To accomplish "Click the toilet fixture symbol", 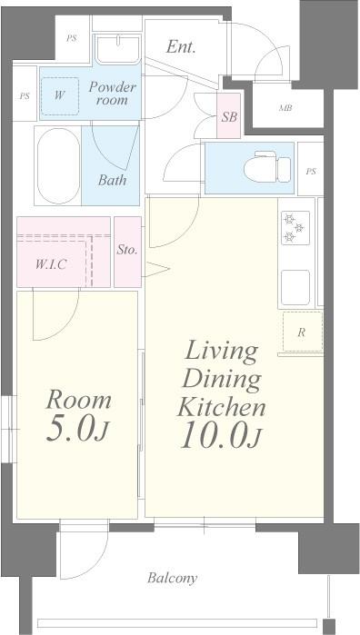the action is (x=267, y=166).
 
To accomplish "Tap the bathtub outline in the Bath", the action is (x=59, y=166).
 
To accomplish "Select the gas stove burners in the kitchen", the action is (x=295, y=228).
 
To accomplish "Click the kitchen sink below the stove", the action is (x=295, y=287).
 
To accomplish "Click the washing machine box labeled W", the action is (x=60, y=96).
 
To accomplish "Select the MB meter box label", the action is (x=285, y=108).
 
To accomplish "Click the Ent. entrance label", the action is (x=181, y=47).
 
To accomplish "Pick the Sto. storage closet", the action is (x=127, y=252).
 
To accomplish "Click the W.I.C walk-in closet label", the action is (x=51, y=264).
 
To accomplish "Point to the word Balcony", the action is (x=173, y=578).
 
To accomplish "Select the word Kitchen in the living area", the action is (x=222, y=407).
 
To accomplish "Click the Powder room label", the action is (x=113, y=94).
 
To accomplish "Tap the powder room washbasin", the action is (x=118, y=49).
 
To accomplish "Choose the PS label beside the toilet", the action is (x=311, y=172).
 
